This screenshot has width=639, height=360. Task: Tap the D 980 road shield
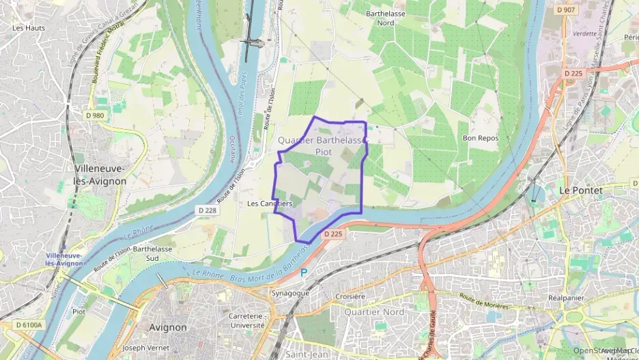point(96,115)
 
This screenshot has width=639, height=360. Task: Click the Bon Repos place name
point(481,138)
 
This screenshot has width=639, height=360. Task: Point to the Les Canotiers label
point(269,204)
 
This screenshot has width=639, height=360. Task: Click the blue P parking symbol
point(304,272)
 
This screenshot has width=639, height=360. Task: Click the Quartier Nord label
point(374,312)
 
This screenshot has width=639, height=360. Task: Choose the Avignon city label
point(167,327)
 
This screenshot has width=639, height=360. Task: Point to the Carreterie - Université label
point(246,321)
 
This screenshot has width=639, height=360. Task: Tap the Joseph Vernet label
point(143,348)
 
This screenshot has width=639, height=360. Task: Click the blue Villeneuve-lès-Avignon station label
point(63,259)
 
